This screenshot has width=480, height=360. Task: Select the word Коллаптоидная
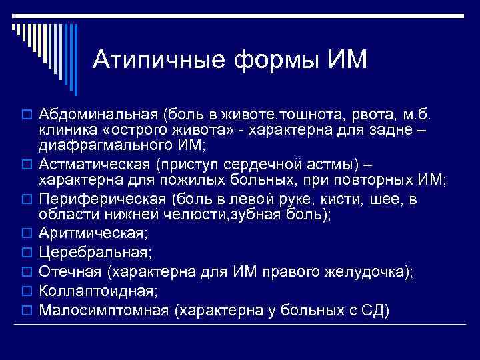tap(97, 291)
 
